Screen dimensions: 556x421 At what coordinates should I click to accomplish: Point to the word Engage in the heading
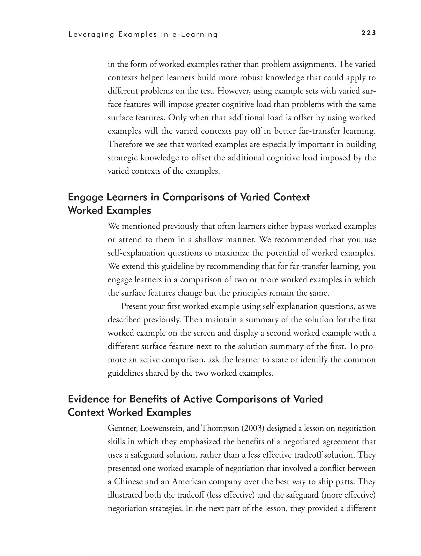86,197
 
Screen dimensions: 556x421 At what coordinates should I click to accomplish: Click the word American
189,482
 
